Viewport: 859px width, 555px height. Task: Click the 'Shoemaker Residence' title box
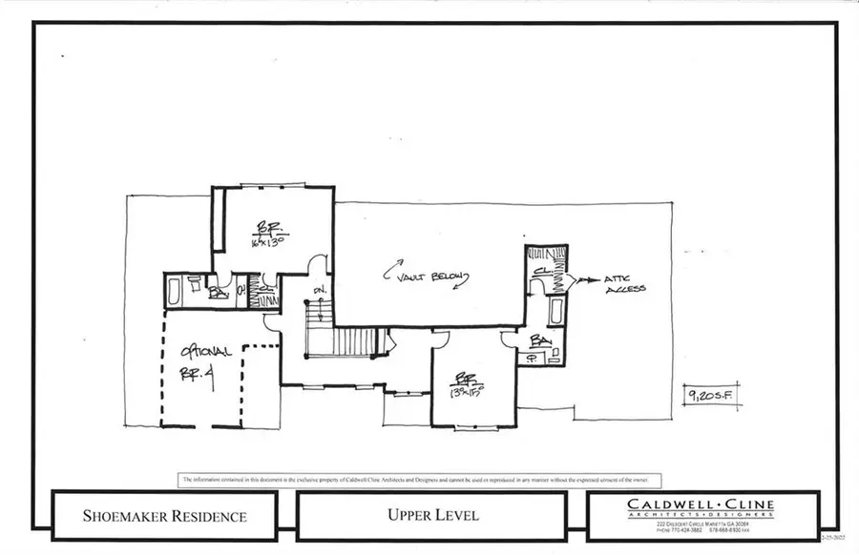[x=165, y=516]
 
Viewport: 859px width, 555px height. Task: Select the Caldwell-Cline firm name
[x=701, y=504]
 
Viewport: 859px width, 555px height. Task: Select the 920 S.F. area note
[x=713, y=393]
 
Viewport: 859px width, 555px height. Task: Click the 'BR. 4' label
[x=196, y=373]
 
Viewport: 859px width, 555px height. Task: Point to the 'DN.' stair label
[x=321, y=291]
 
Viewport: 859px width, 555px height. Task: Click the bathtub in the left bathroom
[x=174, y=291]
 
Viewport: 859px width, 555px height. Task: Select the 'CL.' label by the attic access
[x=539, y=272]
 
